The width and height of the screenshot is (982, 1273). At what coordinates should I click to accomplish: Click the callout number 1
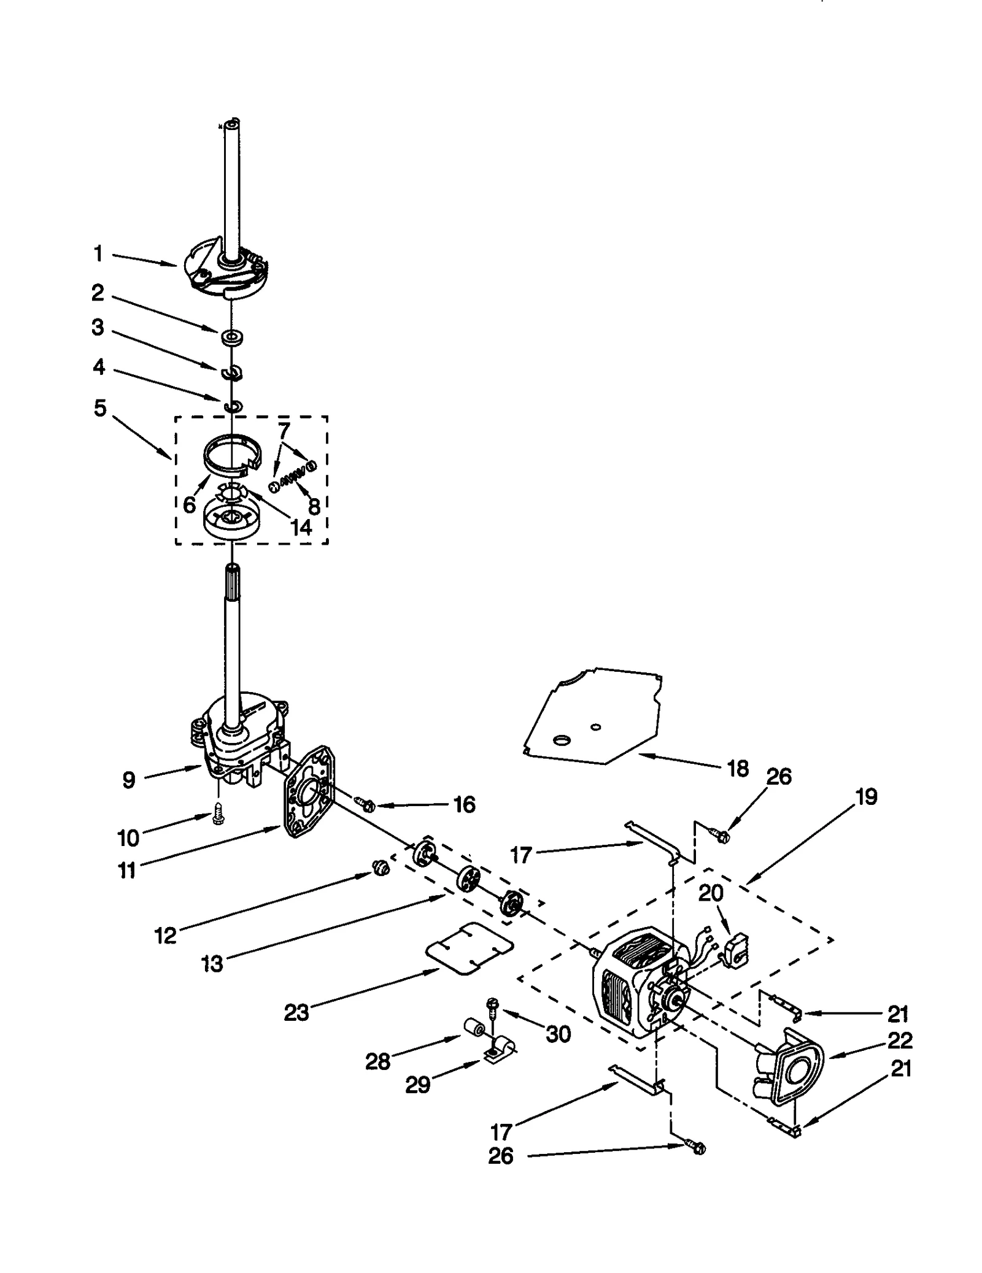pyautogui.click(x=98, y=253)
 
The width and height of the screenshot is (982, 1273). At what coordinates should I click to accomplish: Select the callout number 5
pyautogui.click(x=100, y=408)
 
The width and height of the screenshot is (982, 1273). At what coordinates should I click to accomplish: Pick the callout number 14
pyautogui.click(x=301, y=527)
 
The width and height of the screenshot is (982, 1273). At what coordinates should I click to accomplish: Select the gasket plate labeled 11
pyautogui.click(x=309, y=791)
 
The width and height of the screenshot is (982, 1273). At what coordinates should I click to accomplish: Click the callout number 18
pyautogui.click(x=738, y=768)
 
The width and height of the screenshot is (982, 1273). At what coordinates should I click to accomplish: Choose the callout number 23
pyautogui.click(x=296, y=1012)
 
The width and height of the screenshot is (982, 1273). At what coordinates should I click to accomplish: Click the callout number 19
pyautogui.click(x=866, y=797)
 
